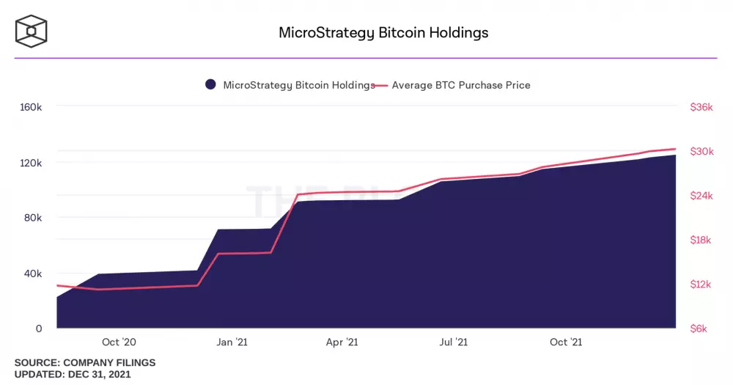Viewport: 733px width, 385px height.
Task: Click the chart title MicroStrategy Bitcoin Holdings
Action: coord(383,33)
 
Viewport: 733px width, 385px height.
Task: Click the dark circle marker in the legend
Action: coord(210,85)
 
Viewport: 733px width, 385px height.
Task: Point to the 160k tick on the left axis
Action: coord(30,107)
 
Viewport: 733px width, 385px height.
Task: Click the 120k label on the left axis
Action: coord(30,163)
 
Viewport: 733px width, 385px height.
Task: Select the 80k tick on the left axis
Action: coord(32,218)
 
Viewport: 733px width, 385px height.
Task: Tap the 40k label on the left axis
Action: coord(32,274)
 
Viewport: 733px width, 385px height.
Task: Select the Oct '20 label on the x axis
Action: coord(119,342)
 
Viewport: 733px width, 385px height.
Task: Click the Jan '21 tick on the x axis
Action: coord(231,342)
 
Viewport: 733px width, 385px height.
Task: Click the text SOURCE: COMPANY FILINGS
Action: coord(85,363)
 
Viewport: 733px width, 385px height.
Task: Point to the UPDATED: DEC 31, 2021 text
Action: coord(73,375)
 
